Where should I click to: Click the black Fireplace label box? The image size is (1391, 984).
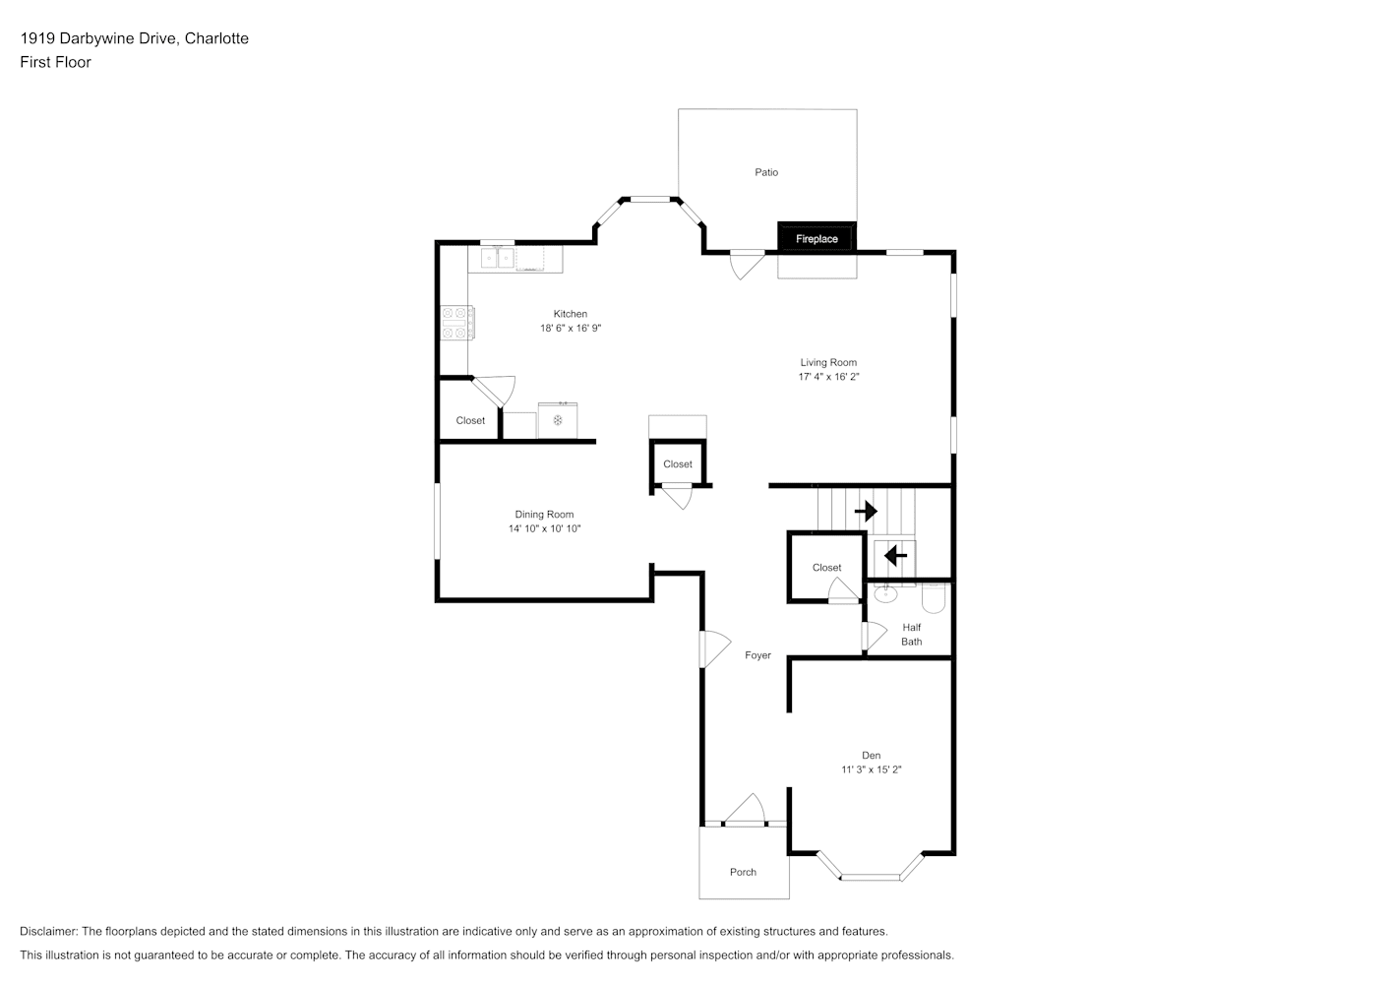coord(817,237)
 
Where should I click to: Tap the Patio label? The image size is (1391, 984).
coord(766,172)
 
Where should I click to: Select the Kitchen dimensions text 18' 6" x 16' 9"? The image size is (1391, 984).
coord(571,328)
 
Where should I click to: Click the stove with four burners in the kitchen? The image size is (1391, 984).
coord(457,323)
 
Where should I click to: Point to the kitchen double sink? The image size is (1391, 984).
coord(498,258)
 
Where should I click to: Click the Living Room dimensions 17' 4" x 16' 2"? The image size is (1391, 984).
coord(829,377)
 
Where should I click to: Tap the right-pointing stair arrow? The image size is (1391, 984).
coord(866,512)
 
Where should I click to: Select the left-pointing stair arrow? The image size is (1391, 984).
coord(895,555)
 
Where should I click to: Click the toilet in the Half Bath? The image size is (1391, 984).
coord(934,597)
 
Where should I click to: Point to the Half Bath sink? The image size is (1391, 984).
coord(885,594)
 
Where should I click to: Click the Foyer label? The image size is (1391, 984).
coord(757,654)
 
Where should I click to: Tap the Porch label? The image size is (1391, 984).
coord(744,872)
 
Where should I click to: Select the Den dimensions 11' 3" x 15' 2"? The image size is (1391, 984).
coord(872,769)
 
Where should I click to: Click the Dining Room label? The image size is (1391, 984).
coord(544,515)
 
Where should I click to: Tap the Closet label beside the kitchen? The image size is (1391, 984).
coord(470,420)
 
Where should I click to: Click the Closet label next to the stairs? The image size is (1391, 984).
coord(826,567)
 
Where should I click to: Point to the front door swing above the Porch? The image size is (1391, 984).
coord(745,810)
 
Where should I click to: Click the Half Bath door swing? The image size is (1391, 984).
coord(875,636)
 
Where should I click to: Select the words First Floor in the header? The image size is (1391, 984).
coord(55,62)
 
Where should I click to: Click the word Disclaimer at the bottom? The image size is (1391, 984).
coord(49,931)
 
